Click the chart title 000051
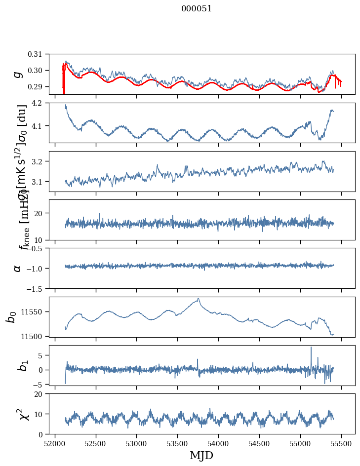tap(197, 9)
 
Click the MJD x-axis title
tap(201, 455)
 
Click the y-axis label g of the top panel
tap(18, 74)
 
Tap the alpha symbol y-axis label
tap(18, 268)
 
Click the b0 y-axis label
tap(11, 316)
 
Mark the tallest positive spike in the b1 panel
tap(311, 347)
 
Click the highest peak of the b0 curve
tap(199, 299)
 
